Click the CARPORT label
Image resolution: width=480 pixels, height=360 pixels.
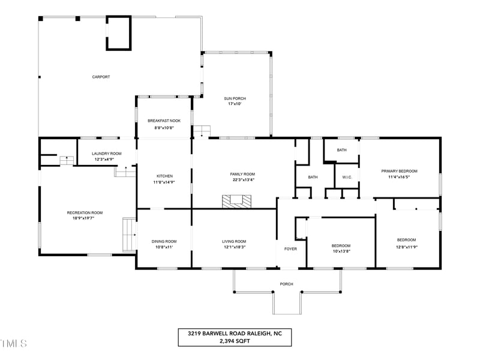pyautogui.click(x=101, y=77)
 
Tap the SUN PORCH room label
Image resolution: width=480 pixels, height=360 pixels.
pyautogui.click(x=235, y=98)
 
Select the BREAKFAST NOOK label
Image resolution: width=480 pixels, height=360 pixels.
pyautogui.click(x=164, y=121)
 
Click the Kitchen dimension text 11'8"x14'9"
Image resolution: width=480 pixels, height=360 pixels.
pyautogui.click(x=164, y=182)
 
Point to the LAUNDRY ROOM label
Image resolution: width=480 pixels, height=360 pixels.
pyautogui.click(x=106, y=154)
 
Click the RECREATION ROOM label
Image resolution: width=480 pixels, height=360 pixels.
pyautogui.click(x=85, y=212)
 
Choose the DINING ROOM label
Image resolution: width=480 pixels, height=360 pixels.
pyautogui.click(x=164, y=241)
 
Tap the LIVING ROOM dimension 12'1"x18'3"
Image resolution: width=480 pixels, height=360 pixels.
pyautogui.click(x=234, y=247)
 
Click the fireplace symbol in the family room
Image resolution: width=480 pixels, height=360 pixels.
pyautogui.click(x=236, y=201)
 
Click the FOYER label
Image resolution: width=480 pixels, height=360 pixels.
pyautogui.click(x=290, y=248)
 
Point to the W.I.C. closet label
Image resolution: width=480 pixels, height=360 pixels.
pyautogui.click(x=347, y=177)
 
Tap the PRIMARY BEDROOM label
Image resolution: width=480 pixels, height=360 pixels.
pyautogui.click(x=399, y=171)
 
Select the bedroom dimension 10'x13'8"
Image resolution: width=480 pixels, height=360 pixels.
pyautogui.click(x=341, y=252)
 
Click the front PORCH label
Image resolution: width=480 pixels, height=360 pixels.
pyautogui.click(x=287, y=284)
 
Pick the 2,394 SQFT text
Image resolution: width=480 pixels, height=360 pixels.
pyautogui.click(x=235, y=341)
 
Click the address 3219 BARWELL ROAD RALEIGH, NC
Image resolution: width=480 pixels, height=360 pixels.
pyautogui.click(x=235, y=333)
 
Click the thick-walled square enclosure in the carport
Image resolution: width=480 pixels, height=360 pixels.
pyautogui.click(x=118, y=33)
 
